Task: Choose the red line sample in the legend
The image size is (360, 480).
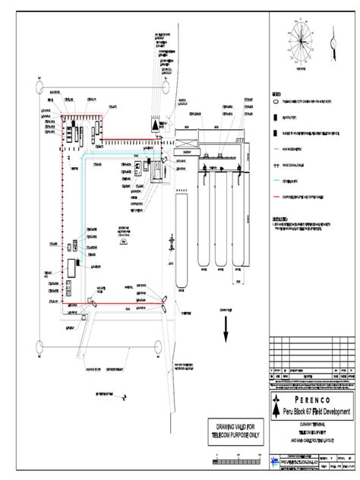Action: [276, 196]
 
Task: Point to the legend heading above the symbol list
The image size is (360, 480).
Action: [276, 94]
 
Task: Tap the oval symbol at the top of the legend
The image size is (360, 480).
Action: [276, 101]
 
